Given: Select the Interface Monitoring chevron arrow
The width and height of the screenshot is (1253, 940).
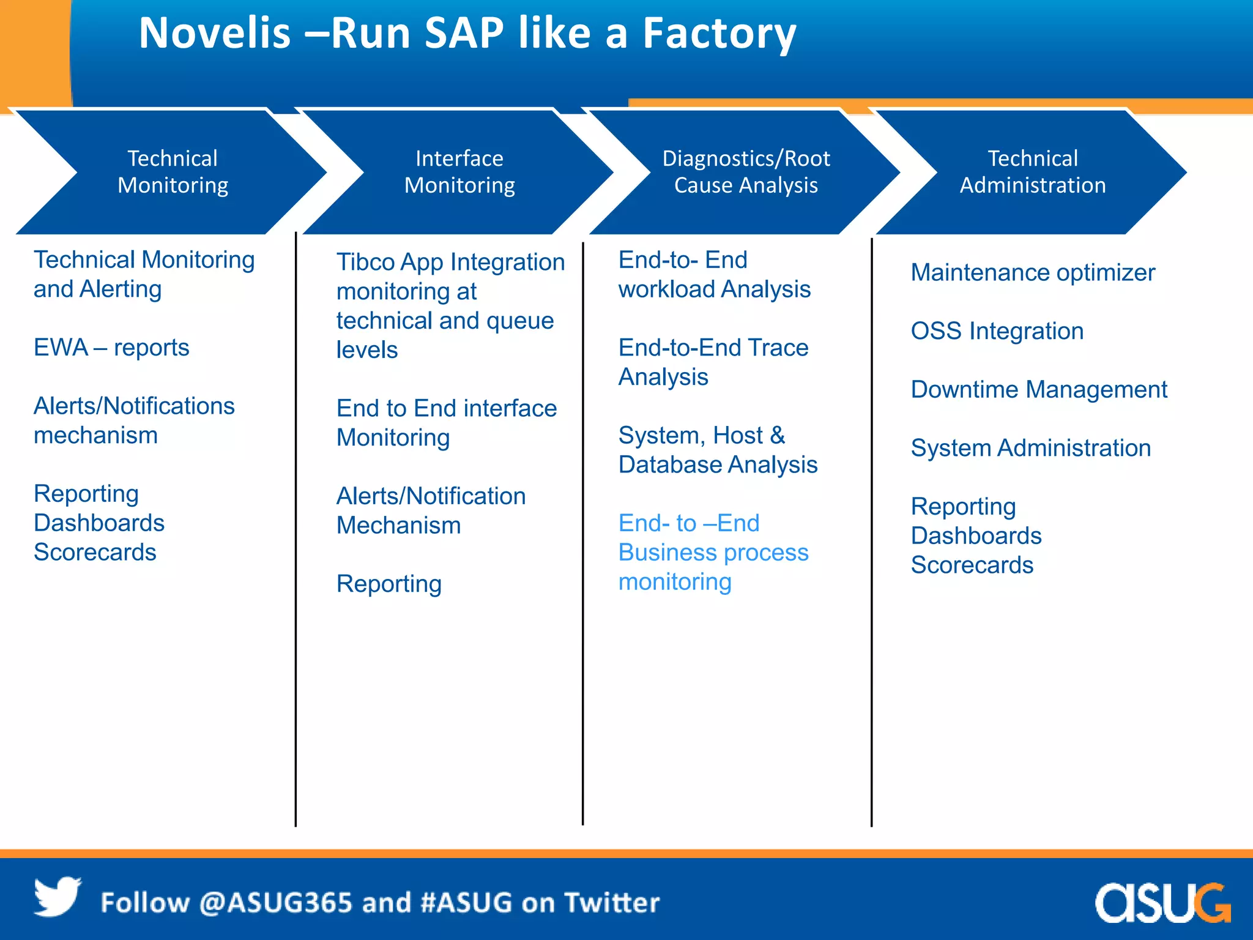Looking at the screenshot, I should [x=459, y=172].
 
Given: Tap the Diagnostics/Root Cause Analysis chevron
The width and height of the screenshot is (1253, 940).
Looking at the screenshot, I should [x=745, y=172].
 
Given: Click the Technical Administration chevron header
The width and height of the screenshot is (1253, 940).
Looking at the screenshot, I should [x=1032, y=172].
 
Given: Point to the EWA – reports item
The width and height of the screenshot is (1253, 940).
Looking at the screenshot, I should [x=111, y=348].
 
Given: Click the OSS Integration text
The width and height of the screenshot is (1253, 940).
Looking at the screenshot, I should [x=997, y=331].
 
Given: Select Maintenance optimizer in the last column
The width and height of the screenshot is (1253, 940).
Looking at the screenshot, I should [x=1032, y=272].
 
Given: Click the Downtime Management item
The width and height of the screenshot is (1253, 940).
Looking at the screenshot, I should [x=1038, y=389].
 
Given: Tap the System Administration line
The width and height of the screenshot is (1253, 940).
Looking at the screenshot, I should [x=1030, y=448].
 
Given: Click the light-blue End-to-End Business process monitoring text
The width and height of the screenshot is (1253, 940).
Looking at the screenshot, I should [x=713, y=552].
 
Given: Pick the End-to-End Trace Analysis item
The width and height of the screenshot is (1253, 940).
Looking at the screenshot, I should [x=713, y=362].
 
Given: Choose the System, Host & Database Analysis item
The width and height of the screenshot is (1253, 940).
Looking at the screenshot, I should [x=717, y=450].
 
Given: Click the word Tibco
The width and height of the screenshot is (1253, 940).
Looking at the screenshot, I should [x=366, y=263].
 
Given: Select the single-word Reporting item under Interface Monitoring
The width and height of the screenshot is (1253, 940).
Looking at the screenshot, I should [x=389, y=584].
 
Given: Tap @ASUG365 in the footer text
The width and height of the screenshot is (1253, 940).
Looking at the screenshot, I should [x=275, y=903].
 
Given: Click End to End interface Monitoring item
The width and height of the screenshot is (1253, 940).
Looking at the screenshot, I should [x=446, y=422].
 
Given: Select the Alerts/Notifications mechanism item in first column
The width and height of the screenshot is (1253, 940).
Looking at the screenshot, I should [x=133, y=420].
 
